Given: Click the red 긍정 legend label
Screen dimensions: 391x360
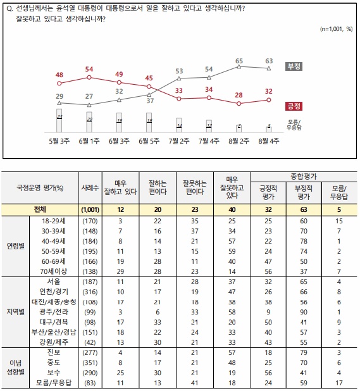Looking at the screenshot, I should pos(294,105).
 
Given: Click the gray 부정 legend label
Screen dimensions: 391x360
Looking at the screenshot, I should pos(294,65).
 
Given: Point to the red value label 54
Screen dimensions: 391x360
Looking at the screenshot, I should pos(89,69).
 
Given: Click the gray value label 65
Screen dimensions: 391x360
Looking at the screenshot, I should pos(239,61).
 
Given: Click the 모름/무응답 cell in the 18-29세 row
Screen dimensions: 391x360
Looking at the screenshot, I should pos(340,221).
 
